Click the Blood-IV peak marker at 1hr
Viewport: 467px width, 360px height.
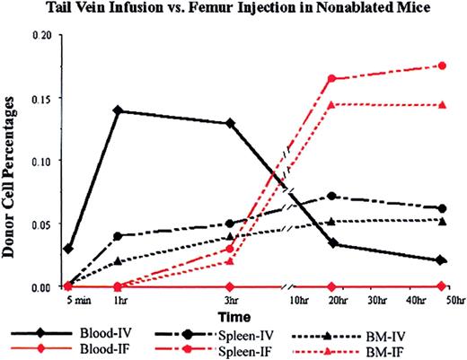point(118,110)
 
